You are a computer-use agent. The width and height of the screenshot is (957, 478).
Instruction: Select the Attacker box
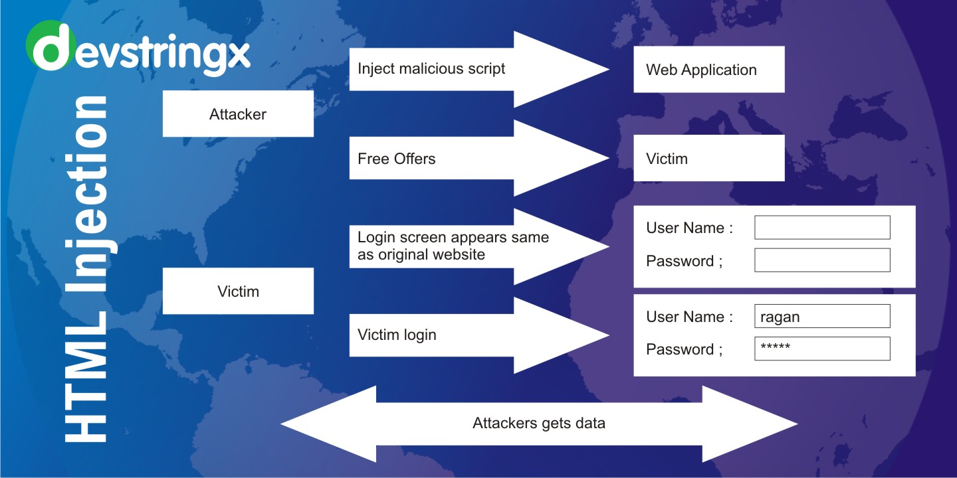pos(238,114)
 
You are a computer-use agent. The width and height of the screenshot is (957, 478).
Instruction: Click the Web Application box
pos(708,70)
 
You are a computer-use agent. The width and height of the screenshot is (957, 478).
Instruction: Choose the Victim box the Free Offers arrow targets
pos(708,159)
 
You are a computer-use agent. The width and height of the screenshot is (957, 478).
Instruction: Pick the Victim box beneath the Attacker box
pos(238,291)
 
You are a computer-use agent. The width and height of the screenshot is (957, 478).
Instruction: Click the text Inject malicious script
pos(431,69)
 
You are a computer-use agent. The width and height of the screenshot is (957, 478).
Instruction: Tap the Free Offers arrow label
pos(397,159)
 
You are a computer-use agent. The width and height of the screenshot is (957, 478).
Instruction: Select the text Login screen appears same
pos(453,238)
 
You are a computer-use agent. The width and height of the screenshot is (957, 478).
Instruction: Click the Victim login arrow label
pos(397,335)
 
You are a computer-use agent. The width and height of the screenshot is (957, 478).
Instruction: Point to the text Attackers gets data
pos(539,423)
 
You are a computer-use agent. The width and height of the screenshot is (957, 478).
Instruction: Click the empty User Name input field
pos(822,228)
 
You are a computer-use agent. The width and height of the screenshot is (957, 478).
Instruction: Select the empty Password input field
pos(822,260)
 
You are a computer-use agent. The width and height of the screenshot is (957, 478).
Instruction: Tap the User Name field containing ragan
pos(822,317)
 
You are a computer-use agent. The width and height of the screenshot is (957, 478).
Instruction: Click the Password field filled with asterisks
pos(822,349)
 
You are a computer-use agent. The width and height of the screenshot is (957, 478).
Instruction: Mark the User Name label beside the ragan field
pos(689,317)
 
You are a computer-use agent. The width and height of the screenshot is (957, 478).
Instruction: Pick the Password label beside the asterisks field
pos(684,349)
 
